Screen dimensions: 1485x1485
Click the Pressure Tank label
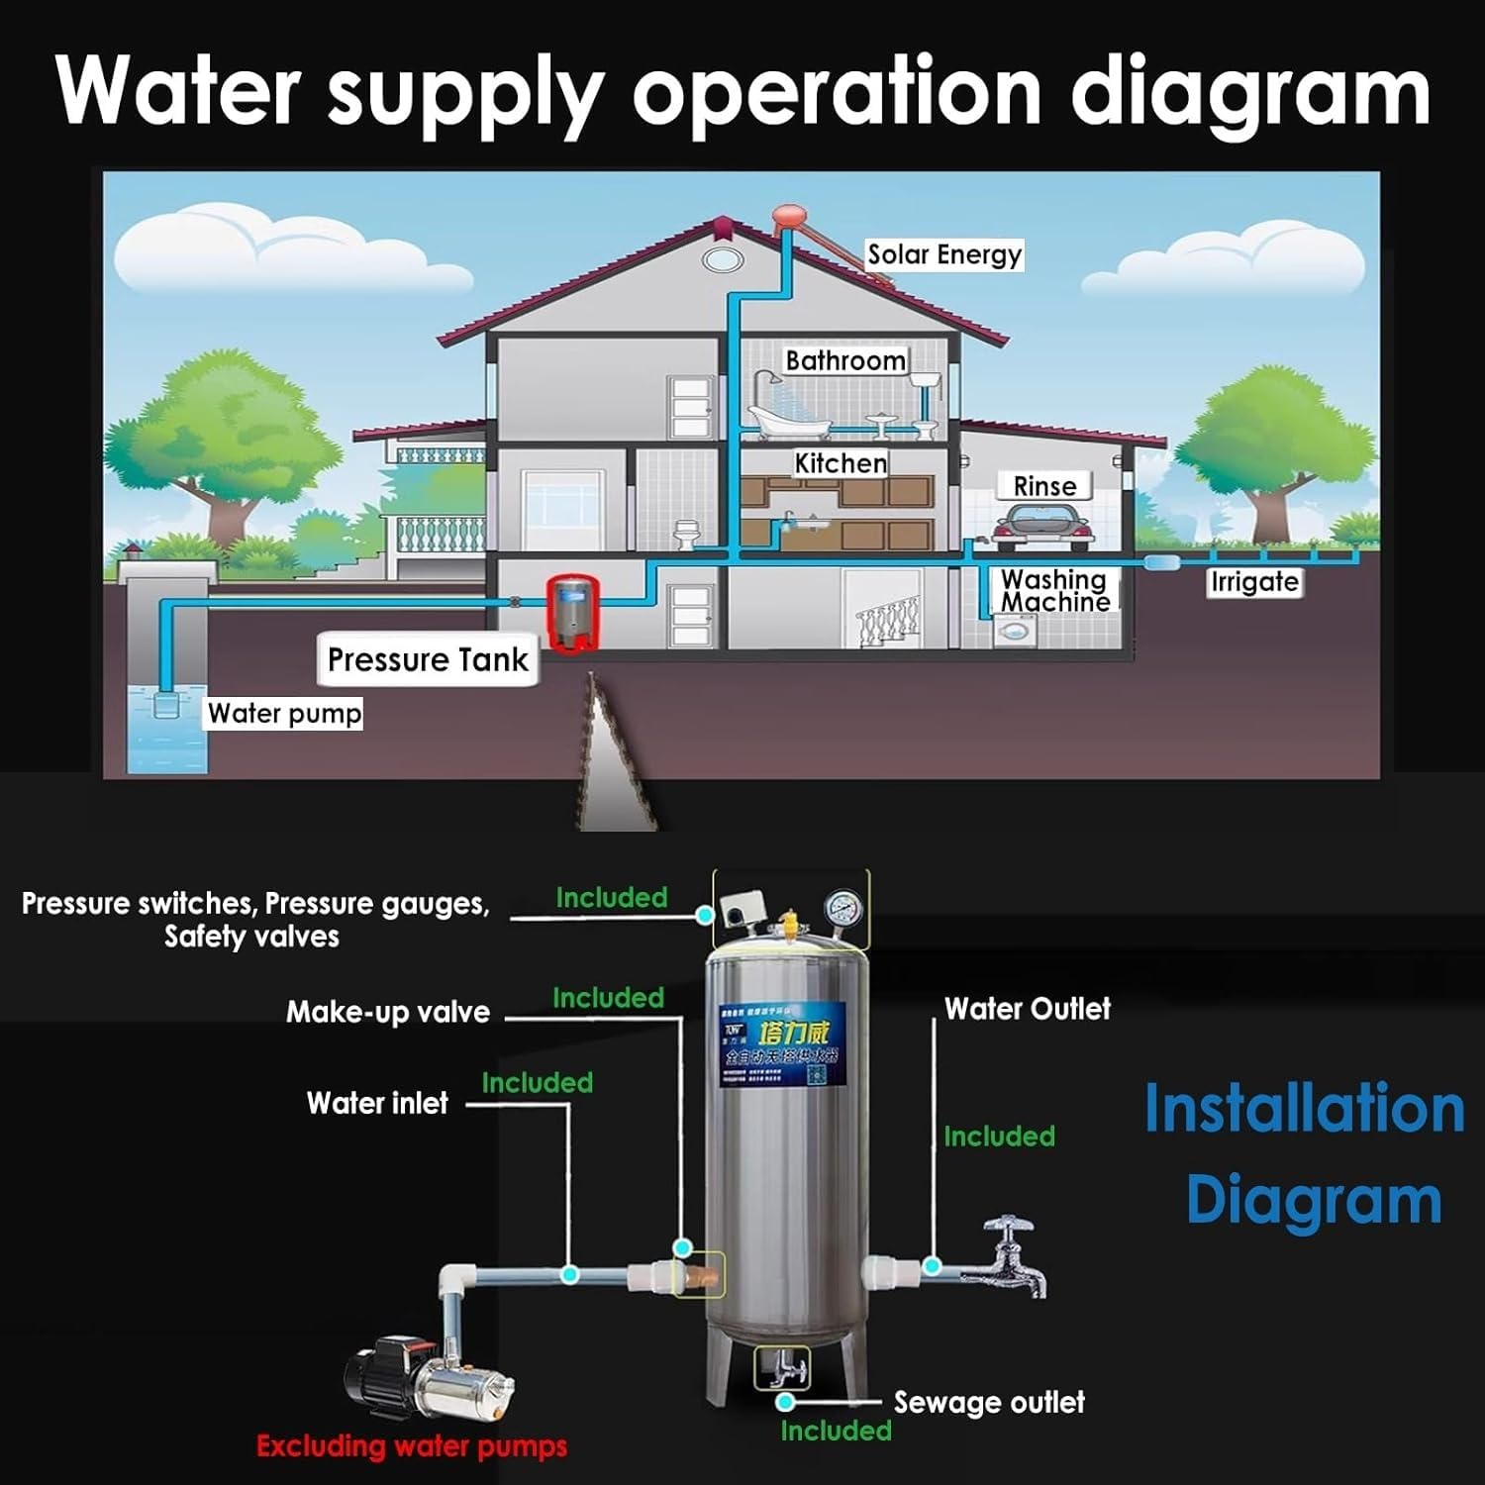(x=428, y=659)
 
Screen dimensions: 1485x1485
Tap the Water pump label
(x=284, y=714)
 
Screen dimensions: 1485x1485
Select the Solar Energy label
(x=944, y=254)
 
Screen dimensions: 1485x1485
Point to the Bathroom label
(x=845, y=360)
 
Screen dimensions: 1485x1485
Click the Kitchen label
(x=841, y=463)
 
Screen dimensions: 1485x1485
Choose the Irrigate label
(x=1254, y=582)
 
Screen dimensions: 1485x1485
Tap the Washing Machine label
(x=1054, y=590)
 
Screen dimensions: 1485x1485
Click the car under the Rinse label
(x=1042, y=527)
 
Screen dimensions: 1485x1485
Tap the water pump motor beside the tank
(x=428, y=1381)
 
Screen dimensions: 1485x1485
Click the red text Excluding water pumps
(x=412, y=1446)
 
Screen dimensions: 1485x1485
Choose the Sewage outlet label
(x=989, y=1403)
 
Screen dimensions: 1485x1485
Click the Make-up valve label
(x=388, y=1012)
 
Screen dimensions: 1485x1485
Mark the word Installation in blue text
(x=1304, y=1109)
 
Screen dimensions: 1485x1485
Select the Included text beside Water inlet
(x=538, y=1083)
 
